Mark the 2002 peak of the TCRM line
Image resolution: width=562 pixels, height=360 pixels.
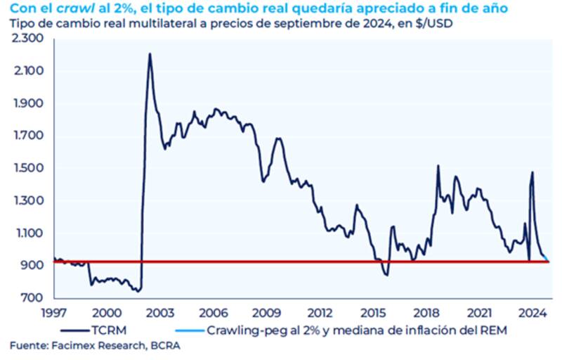150,53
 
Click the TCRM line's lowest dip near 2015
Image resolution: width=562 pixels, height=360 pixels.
386,275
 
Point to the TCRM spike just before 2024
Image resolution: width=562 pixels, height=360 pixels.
532,172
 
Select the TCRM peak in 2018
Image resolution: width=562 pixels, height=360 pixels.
438,166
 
